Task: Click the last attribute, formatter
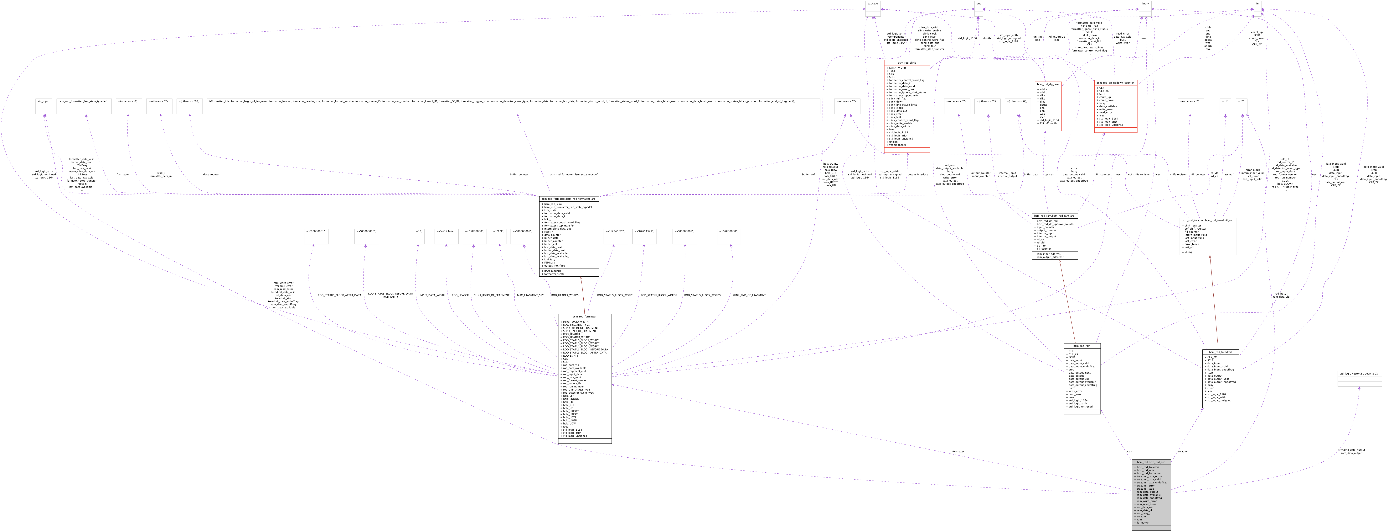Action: pyautogui.click(x=1143, y=523)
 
